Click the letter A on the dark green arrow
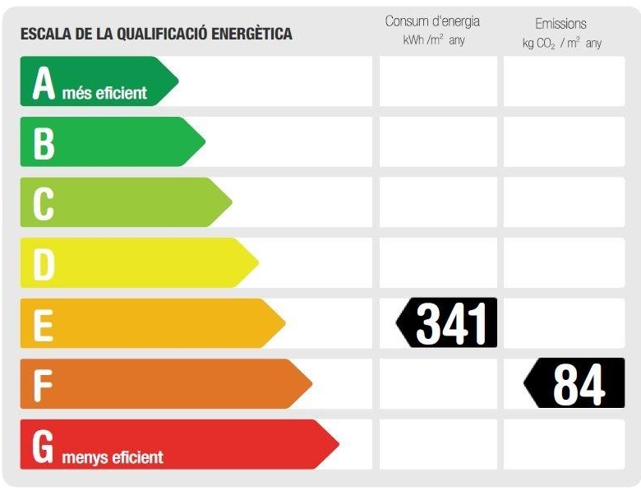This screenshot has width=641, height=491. point(44,83)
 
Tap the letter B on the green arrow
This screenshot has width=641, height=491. point(44,143)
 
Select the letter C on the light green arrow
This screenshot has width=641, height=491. point(44,203)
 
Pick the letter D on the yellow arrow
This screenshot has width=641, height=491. point(44,264)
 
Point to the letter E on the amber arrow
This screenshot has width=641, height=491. point(44,324)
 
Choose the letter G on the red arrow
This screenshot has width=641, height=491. point(44,445)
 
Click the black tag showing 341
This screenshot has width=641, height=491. point(448,322)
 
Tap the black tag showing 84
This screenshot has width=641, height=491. point(575,383)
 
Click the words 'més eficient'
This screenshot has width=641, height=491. point(104,93)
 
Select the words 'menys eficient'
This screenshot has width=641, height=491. point(112,456)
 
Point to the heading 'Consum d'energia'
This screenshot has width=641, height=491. point(432,21)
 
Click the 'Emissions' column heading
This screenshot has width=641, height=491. point(560,24)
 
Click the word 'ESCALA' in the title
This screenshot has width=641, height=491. point(46,35)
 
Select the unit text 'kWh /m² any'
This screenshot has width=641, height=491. point(433,40)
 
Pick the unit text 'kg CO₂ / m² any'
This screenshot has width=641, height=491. point(561,43)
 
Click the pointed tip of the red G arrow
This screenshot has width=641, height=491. point(337,445)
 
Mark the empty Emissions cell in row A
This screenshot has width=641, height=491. point(564,81)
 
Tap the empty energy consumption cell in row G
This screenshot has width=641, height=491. point(438,444)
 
